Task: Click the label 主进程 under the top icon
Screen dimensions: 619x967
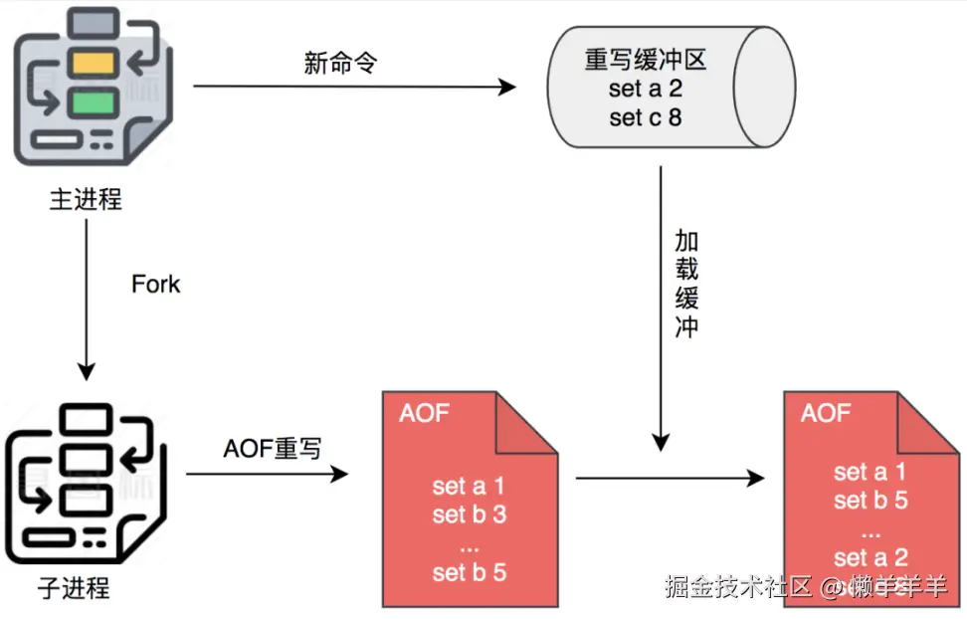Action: pos(86,199)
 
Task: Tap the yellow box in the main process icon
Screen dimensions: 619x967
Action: pos(94,64)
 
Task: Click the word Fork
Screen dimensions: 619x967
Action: pos(156,285)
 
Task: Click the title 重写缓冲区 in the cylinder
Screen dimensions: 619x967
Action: pos(646,61)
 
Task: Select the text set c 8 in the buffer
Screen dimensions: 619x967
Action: pos(646,117)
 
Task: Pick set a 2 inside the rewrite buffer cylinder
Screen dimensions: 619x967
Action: pos(646,90)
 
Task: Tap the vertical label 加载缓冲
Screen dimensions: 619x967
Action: pos(686,284)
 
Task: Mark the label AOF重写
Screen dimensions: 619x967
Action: pos(272,449)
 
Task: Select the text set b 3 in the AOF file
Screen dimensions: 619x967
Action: pos(469,515)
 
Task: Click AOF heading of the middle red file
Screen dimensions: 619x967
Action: pos(425,412)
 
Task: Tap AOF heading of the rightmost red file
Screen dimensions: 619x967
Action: pos(826,412)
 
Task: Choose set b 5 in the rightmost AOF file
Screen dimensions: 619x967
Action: pos(870,500)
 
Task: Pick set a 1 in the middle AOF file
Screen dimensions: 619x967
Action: pos(469,486)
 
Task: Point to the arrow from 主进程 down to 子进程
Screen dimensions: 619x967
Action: pos(87,299)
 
